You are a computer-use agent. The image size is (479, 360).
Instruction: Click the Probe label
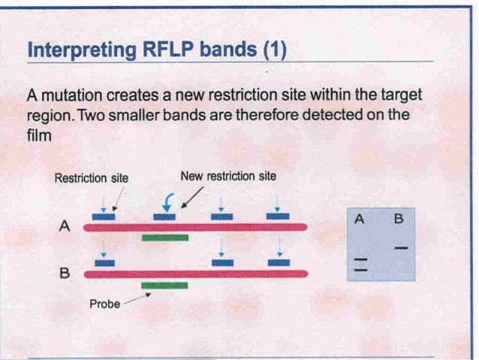pos(104,305)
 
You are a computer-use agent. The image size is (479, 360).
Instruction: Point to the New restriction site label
pos(228,176)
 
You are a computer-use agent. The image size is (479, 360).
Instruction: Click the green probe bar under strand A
pos(164,237)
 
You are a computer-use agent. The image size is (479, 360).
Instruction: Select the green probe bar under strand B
pos(164,286)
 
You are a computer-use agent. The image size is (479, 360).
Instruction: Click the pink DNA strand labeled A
pos(195,226)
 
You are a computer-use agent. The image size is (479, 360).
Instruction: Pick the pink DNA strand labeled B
pos(195,274)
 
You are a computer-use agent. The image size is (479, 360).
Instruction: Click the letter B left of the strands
pos(65,274)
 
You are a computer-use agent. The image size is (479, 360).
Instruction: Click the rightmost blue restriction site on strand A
pos(277,216)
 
